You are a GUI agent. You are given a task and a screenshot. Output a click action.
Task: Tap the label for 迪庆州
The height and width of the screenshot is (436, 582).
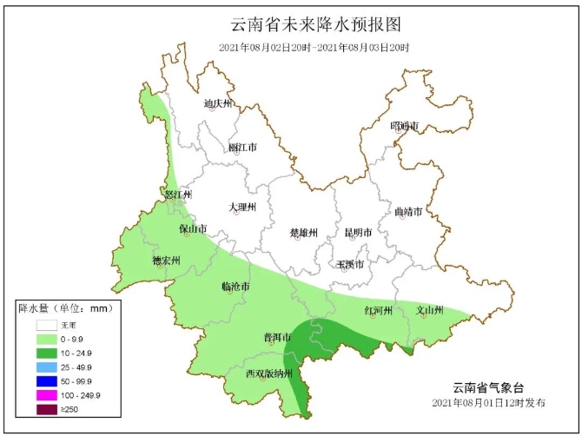pyautogui.click(x=218, y=104)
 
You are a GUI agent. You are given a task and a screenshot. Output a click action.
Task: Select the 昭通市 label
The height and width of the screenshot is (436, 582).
pyautogui.click(x=404, y=127)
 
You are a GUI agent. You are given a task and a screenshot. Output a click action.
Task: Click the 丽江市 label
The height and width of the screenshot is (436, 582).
pyautogui.click(x=242, y=148)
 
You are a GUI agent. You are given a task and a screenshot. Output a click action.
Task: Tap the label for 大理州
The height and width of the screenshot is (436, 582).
pyautogui.click(x=242, y=208)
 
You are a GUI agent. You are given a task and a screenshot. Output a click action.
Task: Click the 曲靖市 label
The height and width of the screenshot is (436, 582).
pyautogui.click(x=407, y=212)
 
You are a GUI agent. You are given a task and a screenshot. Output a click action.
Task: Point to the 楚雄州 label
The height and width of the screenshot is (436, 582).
pyautogui.click(x=303, y=233)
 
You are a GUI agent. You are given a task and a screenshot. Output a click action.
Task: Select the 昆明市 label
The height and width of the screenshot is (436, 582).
pyautogui.click(x=358, y=233)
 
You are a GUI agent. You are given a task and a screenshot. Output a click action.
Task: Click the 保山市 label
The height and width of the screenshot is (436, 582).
pyautogui.click(x=193, y=229)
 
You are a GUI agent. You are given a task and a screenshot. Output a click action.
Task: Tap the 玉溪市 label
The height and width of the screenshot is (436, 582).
pyautogui.click(x=350, y=263)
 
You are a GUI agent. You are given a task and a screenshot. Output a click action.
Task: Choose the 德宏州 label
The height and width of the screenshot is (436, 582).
pyautogui.click(x=165, y=261)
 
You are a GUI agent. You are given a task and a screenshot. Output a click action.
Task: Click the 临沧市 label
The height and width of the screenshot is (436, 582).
pyautogui.click(x=235, y=286)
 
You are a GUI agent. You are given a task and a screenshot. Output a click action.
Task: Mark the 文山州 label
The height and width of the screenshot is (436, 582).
pyautogui.click(x=429, y=310)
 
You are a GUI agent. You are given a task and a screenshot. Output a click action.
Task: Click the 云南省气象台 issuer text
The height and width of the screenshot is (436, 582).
pyautogui.click(x=489, y=387)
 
